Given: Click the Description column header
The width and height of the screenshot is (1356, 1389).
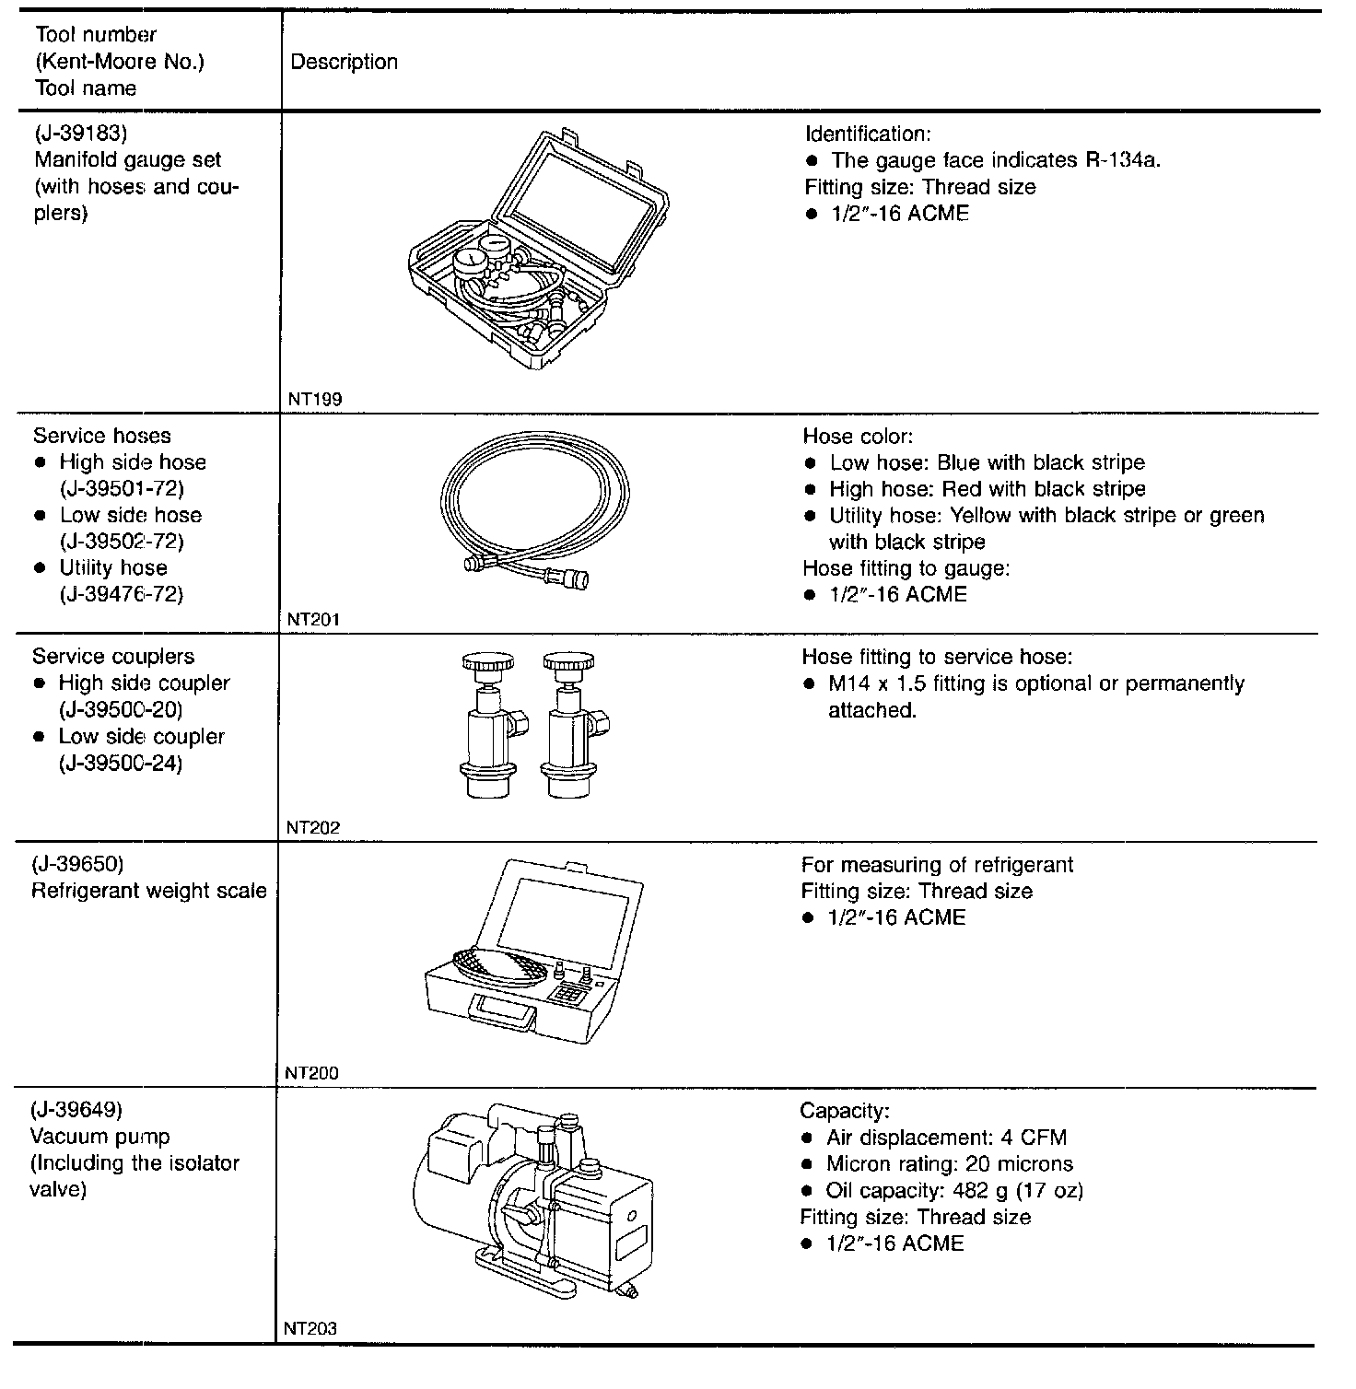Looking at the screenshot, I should [x=344, y=62].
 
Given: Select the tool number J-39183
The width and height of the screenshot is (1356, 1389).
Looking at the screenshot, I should [x=80, y=134].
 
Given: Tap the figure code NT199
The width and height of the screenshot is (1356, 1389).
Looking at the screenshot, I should [x=315, y=399].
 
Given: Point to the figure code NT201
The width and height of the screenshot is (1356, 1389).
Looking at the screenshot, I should [x=313, y=620].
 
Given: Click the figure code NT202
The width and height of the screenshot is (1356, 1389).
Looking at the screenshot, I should [x=313, y=827].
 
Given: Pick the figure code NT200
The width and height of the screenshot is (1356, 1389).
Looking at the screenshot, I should [x=312, y=1072].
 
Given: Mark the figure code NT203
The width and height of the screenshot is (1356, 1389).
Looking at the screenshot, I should [x=310, y=1328].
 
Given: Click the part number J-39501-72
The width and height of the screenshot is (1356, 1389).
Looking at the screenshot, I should [x=122, y=488].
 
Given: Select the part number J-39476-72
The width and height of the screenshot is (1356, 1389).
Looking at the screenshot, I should [x=122, y=594].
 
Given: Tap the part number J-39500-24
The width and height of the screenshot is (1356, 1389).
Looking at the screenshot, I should [x=121, y=764].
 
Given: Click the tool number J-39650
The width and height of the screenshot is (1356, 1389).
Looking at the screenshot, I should [x=77, y=864].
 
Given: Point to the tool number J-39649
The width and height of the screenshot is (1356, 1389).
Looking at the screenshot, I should [x=76, y=1109].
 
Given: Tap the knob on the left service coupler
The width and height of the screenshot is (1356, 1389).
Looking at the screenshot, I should [x=488, y=663].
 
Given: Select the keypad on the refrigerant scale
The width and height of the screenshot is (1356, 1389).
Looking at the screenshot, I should [x=568, y=995].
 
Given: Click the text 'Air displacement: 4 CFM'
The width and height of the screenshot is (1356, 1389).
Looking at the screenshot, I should [x=946, y=1138].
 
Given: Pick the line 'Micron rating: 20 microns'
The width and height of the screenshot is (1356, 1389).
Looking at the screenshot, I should [x=949, y=1164].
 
